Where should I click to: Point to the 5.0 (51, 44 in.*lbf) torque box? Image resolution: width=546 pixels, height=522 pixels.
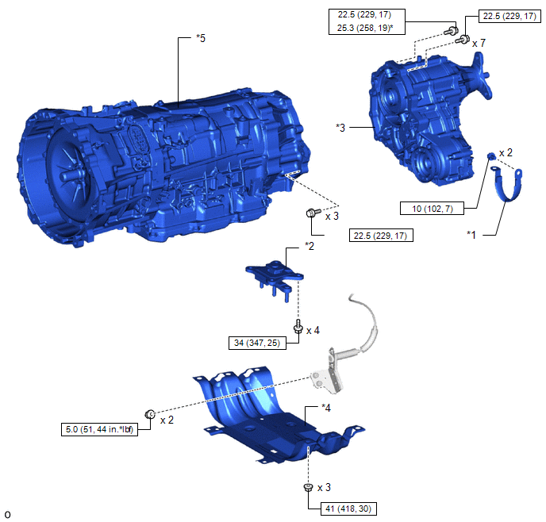(x=99, y=429)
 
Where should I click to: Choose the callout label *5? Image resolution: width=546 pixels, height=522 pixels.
(x=201, y=38)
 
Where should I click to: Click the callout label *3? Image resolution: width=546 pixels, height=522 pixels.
(x=340, y=128)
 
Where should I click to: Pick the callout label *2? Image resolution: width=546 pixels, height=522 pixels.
(x=310, y=247)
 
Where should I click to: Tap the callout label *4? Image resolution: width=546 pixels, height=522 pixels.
(x=326, y=408)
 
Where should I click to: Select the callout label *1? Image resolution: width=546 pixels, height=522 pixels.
(x=471, y=235)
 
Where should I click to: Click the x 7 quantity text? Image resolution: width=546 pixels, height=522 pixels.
(x=479, y=43)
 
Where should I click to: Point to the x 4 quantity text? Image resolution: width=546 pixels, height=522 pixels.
(x=313, y=330)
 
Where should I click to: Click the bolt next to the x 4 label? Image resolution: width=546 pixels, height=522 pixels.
(x=298, y=327)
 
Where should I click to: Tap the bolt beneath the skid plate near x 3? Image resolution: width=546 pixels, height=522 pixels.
(x=308, y=487)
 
